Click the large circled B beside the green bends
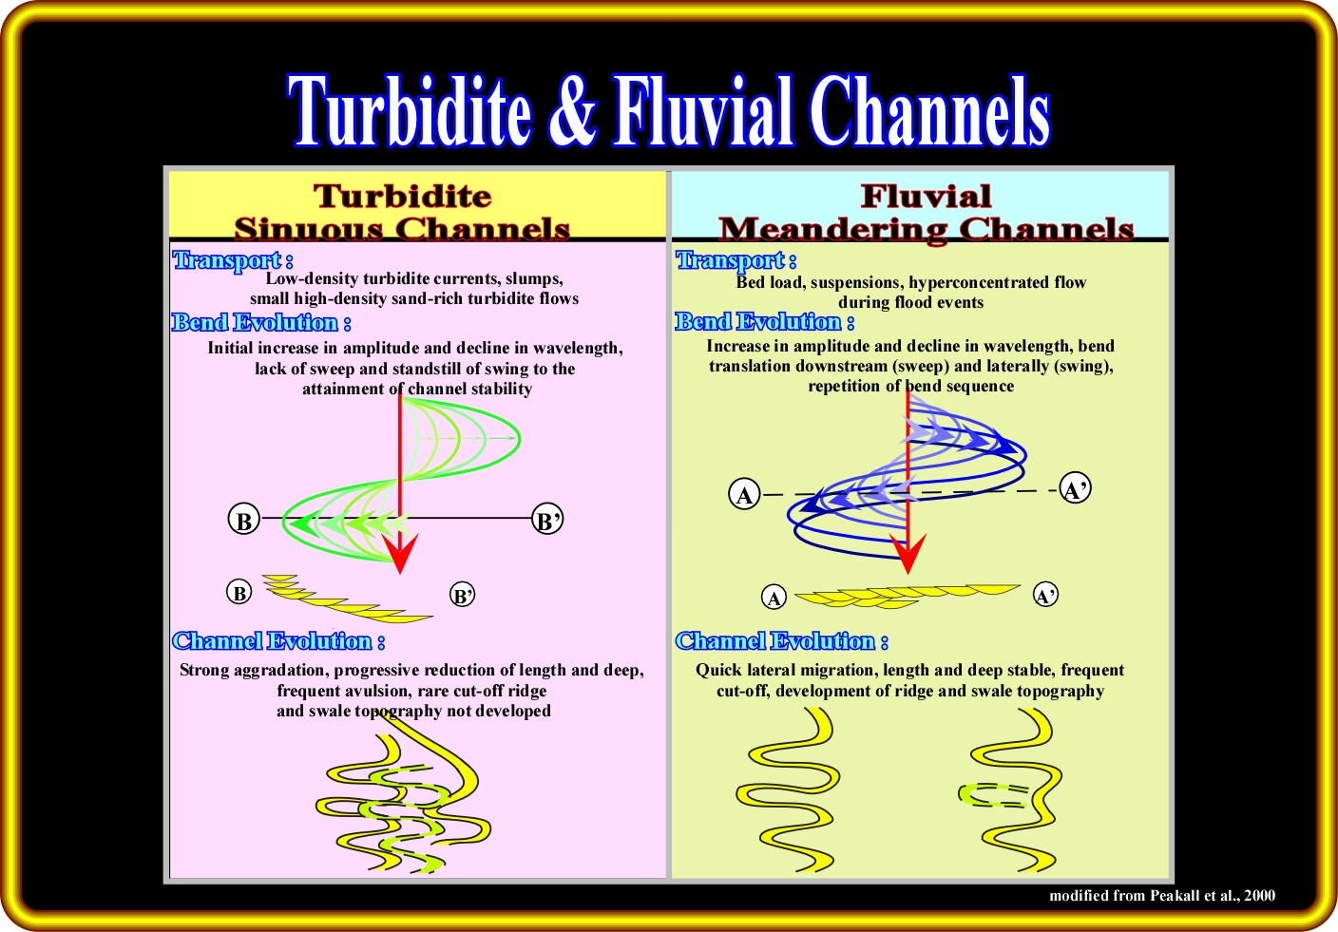click(244, 521)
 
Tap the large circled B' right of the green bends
click(547, 521)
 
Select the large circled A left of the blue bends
click(744, 495)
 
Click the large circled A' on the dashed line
click(1075, 490)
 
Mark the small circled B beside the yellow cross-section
click(239, 594)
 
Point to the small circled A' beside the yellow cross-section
click(1045, 596)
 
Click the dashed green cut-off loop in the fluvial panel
click(993, 795)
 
